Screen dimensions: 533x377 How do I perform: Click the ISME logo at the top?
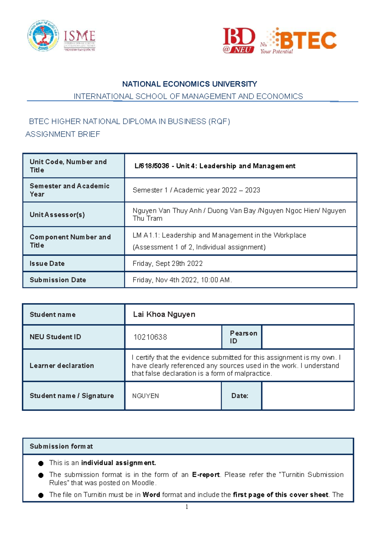(79, 40)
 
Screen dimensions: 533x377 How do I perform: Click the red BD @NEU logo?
(239, 40)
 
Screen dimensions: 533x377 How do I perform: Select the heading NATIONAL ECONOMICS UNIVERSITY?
(189, 84)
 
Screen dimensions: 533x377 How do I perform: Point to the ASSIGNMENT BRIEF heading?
(63, 134)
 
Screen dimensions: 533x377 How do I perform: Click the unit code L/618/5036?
(152, 166)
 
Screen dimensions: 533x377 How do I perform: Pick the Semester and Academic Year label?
(69, 190)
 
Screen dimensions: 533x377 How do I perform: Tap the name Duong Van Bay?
(232, 211)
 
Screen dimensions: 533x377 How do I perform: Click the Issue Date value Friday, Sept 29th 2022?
(167, 264)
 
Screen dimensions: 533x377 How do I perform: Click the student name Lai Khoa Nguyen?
(164, 315)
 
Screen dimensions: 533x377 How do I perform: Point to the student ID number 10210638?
(150, 337)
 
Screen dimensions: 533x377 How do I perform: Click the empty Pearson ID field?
(308, 337)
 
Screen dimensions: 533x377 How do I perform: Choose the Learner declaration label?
(62, 366)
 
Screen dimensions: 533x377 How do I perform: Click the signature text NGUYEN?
(145, 396)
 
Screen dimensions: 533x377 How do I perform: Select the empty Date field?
(308, 396)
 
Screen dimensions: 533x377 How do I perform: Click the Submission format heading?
(61, 446)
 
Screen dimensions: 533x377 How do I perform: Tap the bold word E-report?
(206, 475)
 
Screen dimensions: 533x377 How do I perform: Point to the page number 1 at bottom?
(187, 507)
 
